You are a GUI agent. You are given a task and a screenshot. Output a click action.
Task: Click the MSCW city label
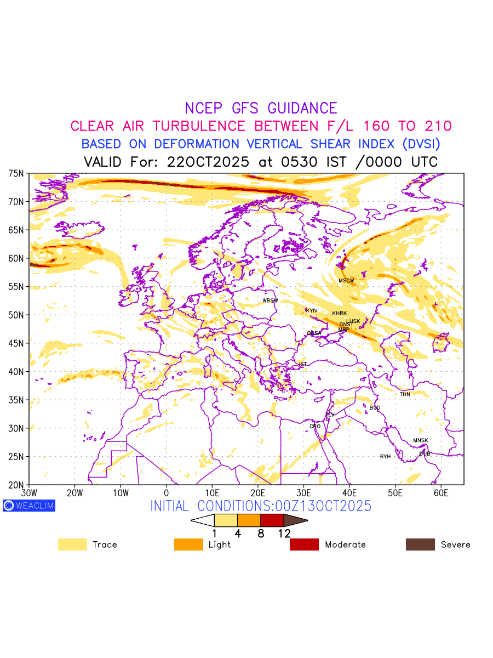pos(346,281)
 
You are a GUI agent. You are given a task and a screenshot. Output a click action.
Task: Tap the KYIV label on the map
pos(312,311)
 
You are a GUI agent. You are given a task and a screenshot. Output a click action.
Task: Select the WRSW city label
pos(270,300)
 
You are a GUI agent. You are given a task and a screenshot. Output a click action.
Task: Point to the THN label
pos(405,394)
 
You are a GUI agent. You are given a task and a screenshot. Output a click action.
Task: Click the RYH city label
pos(386,457)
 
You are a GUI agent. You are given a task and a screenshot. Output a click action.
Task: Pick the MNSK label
pos(421,441)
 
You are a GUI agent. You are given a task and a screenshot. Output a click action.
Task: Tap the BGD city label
pos(375,408)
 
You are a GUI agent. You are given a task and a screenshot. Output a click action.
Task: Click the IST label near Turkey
pos(303,364)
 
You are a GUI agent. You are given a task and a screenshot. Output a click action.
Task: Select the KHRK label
pos(340,314)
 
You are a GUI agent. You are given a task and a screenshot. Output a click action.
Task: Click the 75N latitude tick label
pos(16,173)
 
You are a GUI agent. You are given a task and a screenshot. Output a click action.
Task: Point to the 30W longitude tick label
pos(29,493)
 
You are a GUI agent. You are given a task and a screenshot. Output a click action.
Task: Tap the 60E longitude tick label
pos(441,493)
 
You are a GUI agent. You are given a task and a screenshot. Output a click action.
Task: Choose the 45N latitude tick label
pos(16,343)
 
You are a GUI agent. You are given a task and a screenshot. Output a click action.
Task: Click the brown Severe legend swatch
pos(420,544)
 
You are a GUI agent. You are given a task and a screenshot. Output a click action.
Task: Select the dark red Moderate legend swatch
pos(304,544)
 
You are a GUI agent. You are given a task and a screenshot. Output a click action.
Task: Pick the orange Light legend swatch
pos(188,544)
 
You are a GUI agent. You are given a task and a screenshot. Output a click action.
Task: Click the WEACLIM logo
pos(29,506)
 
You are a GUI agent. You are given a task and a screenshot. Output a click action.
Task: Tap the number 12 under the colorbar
pos(284,534)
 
